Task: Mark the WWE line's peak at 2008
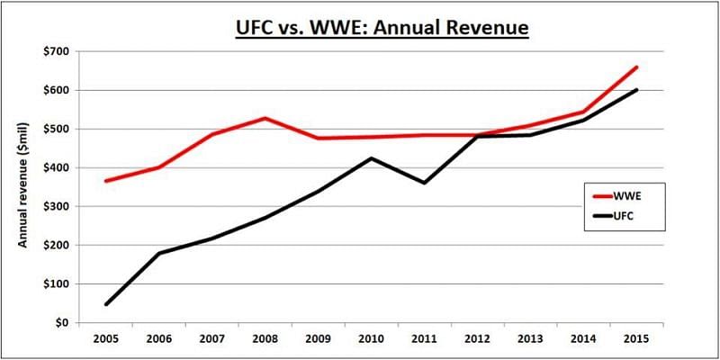tap(265, 118)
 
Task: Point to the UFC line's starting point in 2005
tap(106, 304)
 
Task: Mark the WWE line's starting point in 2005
tap(106, 181)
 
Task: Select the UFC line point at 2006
tap(159, 253)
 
